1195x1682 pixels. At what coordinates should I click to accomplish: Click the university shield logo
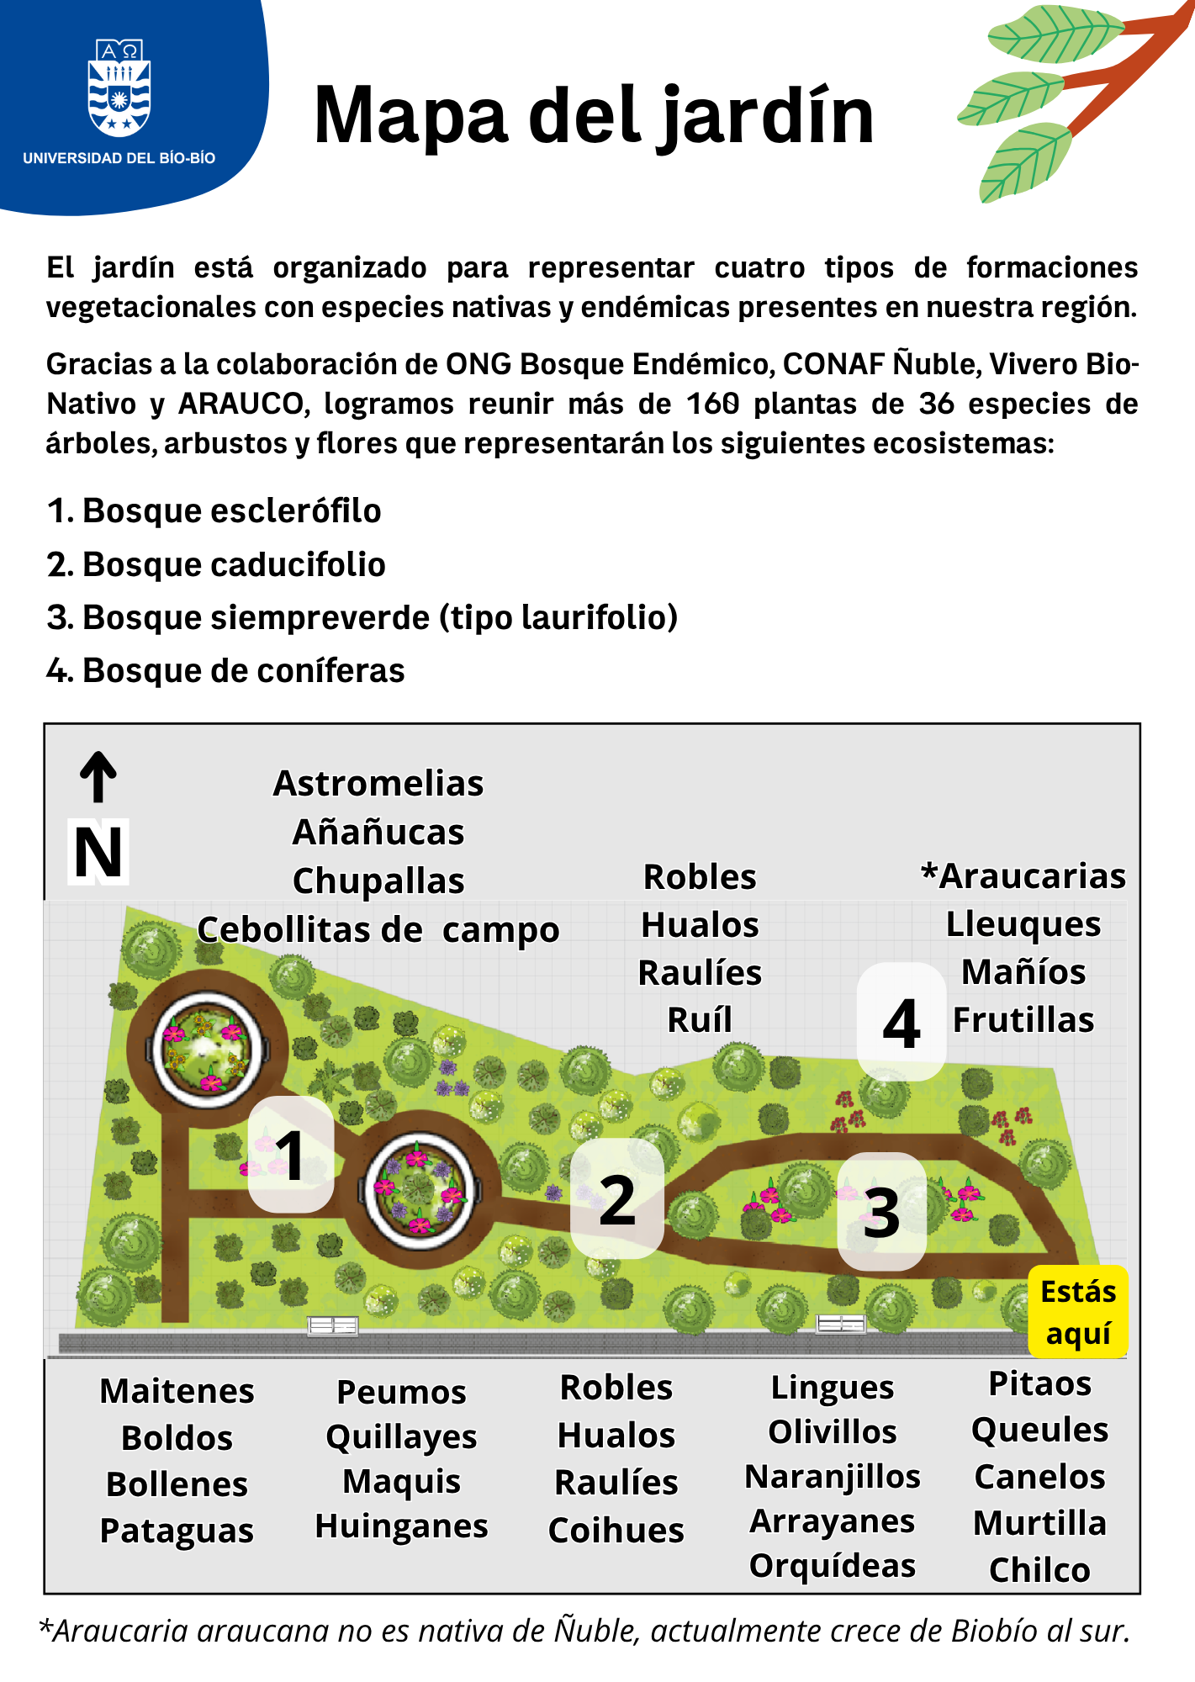(119, 87)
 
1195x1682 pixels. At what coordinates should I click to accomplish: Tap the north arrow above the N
(98, 776)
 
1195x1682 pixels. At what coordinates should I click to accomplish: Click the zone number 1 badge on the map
(290, 1155)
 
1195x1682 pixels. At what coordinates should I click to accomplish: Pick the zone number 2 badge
(617, 1199)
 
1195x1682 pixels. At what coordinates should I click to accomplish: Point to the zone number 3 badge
(881, 1212)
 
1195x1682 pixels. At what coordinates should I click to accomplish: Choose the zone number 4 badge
(902, 1023)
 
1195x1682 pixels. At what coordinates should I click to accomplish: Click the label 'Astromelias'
(378, 783)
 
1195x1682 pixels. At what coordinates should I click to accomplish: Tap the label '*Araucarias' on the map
(1023, 876)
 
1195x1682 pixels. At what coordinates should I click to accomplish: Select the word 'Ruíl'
(700, 1020)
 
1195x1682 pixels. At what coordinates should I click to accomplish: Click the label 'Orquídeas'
(833, 1566)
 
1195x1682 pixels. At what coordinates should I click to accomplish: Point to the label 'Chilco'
(1039, 1570)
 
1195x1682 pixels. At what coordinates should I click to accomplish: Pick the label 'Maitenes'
(177, 1391)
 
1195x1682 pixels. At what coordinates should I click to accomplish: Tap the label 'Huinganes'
(401, 1526)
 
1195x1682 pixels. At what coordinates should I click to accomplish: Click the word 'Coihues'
(616, 1531)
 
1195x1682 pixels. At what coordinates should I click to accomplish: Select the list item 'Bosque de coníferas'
(243, 670)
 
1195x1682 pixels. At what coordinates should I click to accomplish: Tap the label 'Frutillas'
(1023, 1020)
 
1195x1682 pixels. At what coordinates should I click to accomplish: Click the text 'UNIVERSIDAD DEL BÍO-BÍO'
(119, 158)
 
